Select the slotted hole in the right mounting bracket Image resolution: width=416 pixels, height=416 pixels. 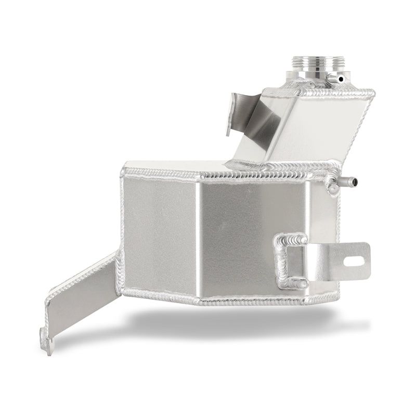tap(359, 256)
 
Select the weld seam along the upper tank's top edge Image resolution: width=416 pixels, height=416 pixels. tap(317, 93)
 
